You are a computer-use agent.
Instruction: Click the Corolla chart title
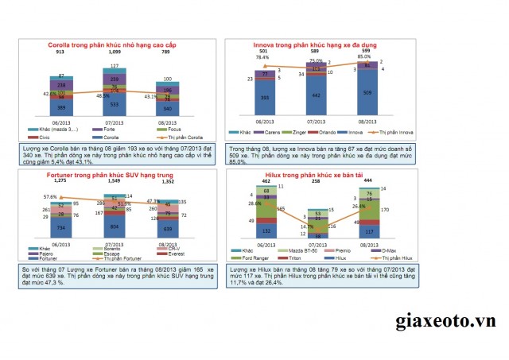coord(114,45)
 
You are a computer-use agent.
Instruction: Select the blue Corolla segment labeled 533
coord(115,104)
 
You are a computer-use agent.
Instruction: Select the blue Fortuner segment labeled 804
coord(115,226)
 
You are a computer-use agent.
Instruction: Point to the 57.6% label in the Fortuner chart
coord(50,195)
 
